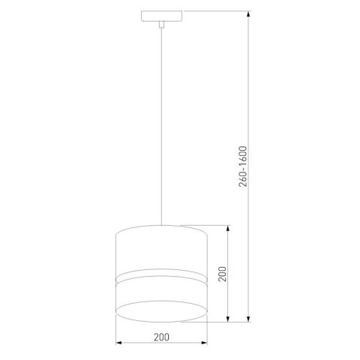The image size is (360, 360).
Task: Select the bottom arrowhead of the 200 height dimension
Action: tap(228, 322)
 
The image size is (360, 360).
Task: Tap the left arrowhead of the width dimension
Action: tap(120, 344)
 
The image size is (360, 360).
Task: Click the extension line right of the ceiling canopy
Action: tap(217, 11)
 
